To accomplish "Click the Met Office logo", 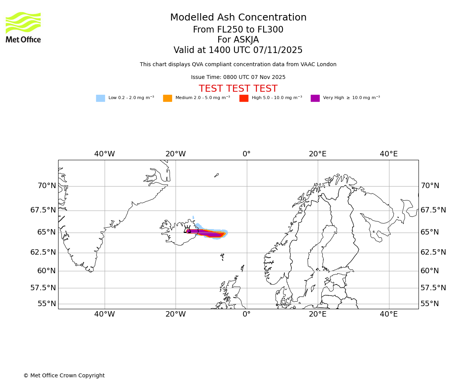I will [x=23, y=27].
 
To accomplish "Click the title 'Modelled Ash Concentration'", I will [x=238, y=18].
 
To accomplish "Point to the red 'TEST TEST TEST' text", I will [x=238, y=89].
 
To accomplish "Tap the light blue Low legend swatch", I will [x=100, y=98].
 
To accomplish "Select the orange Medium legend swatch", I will [x=167, y=98].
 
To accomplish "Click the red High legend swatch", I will [x=244, y=98].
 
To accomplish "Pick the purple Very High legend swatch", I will [x=315, y=98].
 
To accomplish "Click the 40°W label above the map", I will [x=105, y=154].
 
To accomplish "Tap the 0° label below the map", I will [x=246, y=314].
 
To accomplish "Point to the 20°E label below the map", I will [x=318, y=314].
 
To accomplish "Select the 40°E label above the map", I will [x=389, y=154].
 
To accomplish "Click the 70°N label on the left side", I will [x=46, y=186].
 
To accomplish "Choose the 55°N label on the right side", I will [x=430, y=304].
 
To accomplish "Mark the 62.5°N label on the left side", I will [x=43, y=252].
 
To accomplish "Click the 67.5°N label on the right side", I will [x=433, y=210].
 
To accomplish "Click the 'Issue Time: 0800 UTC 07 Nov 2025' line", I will [x=238, y=77].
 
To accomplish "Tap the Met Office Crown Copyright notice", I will [x=64, y=376].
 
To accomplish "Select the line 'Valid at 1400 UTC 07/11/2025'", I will [x=238, y=50].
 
